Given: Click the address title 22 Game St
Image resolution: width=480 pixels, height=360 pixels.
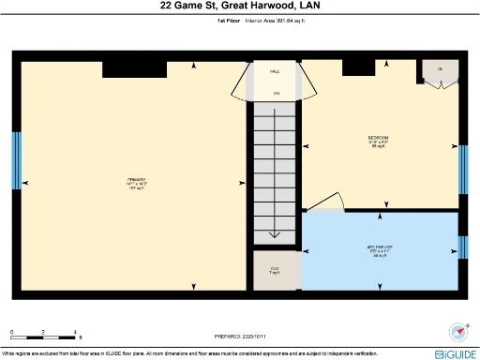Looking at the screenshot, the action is click(x=239, y=7).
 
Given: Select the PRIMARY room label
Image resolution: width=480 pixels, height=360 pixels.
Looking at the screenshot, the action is click(x=137, y=182).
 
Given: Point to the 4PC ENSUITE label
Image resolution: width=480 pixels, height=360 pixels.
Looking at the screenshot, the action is click(x=378, y=250).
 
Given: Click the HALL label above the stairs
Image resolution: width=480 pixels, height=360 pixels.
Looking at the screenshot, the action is click(x=275, y=71).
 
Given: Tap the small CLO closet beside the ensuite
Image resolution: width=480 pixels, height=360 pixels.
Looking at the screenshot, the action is click(x=276, y=270).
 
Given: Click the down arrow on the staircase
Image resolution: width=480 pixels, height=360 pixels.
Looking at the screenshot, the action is click(x=276, y=234).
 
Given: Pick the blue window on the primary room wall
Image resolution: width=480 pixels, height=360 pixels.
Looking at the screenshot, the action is click(x=15, y=160).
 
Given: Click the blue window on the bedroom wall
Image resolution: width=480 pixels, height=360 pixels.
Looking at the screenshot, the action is click(x=461, y=169).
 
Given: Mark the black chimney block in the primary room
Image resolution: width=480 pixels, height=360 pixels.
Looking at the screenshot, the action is click(x=133, y=67).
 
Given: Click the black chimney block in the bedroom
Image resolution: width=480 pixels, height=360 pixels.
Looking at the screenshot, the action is click(x=357, y=67).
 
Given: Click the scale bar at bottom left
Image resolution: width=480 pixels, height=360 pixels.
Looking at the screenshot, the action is click(x=42, y=333).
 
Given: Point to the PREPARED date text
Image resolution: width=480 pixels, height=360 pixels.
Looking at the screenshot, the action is click(x=240, y=336).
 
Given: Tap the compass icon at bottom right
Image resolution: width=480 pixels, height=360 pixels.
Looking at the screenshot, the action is click(x=459, y=332).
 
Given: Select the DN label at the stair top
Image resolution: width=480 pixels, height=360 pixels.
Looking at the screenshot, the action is click(x=276, y=93).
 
